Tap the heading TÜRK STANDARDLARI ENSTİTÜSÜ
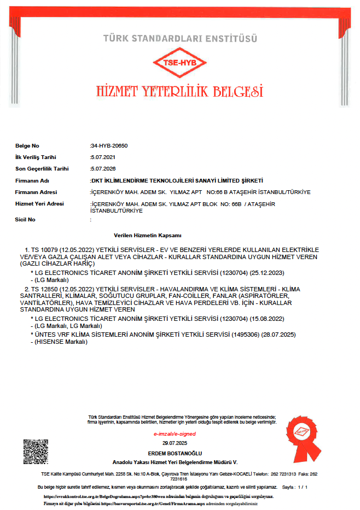coord(180,38)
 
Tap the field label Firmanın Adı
coord(32,180)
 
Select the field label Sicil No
coord(25,219)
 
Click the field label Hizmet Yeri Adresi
coord(39,204)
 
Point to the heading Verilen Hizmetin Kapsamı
coord(147,235)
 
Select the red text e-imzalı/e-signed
coord(175,434)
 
